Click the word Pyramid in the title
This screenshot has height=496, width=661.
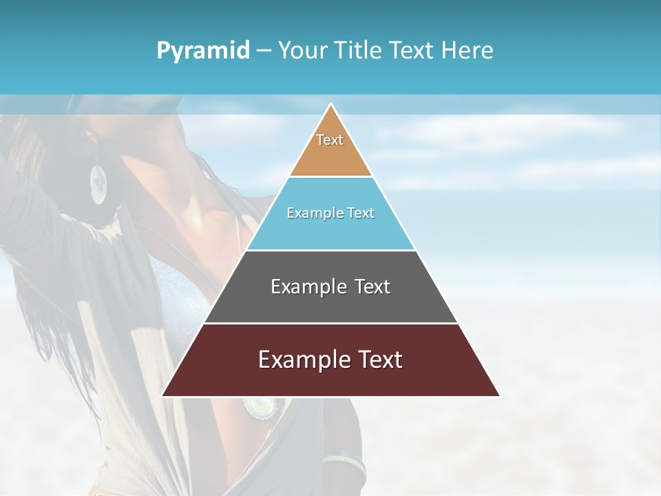(203, 50)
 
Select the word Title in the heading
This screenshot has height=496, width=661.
(359, 50)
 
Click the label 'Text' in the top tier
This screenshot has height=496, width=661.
(330, 140)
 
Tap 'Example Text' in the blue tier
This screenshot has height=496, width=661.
(330, 213)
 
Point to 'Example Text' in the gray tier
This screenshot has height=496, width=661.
(330, 287)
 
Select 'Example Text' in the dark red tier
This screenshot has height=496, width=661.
(330, 360)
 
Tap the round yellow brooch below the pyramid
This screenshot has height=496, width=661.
(260, 406)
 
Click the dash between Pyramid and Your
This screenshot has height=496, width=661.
(264, 51)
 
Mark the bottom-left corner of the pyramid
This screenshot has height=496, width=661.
(162, 395)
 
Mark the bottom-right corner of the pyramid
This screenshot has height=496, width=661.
(499, 395)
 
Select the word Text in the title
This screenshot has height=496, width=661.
(412, 50)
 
